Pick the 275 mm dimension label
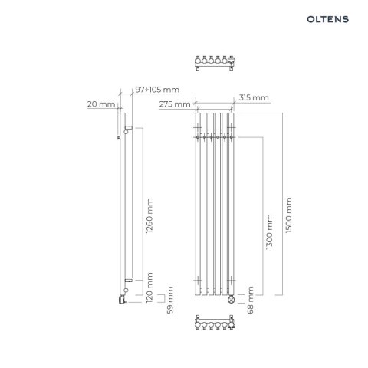point(176,104)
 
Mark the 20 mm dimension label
point(101,104)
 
